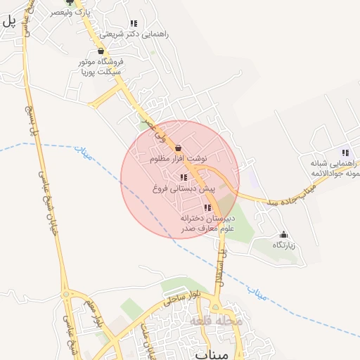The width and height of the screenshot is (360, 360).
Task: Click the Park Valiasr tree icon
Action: click(x=69, y=3)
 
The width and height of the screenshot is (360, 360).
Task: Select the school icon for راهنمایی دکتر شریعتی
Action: click(x=133, y=24)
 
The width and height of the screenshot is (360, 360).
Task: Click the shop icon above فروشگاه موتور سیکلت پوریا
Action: click(x=101, y=51)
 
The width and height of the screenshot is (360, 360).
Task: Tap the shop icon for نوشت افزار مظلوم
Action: click(x=177, y=148)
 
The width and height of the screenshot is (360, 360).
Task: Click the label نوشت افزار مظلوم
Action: click(x=179, y=160)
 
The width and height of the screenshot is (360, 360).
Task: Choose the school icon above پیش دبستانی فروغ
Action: click(x=184, y=178)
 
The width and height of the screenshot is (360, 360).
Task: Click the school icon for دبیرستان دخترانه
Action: click(x=207, y=207)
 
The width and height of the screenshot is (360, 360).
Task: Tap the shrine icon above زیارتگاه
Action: click(x=283, y=234)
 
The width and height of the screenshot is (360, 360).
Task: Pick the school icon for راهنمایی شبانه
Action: click(x=345, y=153)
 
